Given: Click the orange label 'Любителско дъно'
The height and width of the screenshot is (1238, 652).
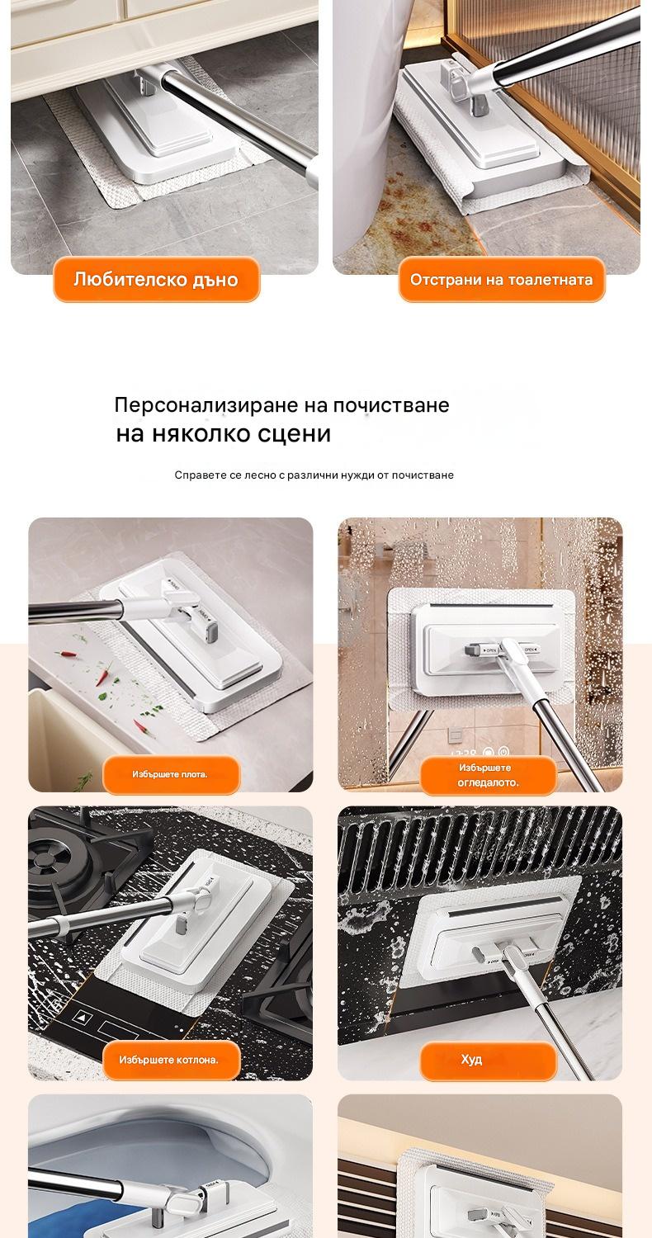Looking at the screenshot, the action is [x=156, y=279].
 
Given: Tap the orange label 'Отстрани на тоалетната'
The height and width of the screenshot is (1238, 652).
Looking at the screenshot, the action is [x=501, y=279].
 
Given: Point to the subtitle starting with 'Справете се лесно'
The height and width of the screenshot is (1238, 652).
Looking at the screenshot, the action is [x=314, y=475].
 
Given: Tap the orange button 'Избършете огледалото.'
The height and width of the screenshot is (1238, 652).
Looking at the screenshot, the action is [x=488, y=775].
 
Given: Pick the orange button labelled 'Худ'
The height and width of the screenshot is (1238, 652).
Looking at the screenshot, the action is [x=488, y=1060].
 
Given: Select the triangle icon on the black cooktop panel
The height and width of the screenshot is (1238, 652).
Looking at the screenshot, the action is [x=83, y=1017].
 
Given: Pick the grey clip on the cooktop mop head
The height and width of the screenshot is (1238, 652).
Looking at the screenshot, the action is [x=182, y=924].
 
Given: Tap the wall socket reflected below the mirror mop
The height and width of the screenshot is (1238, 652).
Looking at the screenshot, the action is [x=455, y=735].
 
